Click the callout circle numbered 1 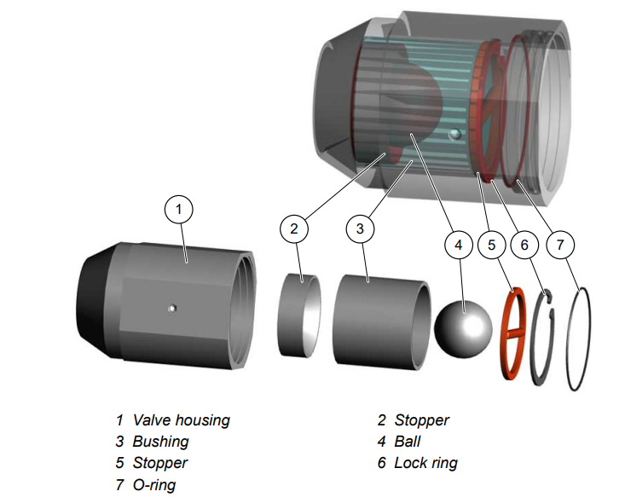(178, 208)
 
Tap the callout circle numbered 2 (293, 228)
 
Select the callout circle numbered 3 (360, 228)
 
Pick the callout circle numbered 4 (458, 245)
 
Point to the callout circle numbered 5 (492, 245)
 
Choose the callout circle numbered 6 (524, 245)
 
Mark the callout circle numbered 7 (560, 245)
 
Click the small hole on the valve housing (172, 308)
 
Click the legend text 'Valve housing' (181, 419)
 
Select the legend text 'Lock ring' (425, 463)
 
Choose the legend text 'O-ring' (156, 485)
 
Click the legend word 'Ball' (407, 442)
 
